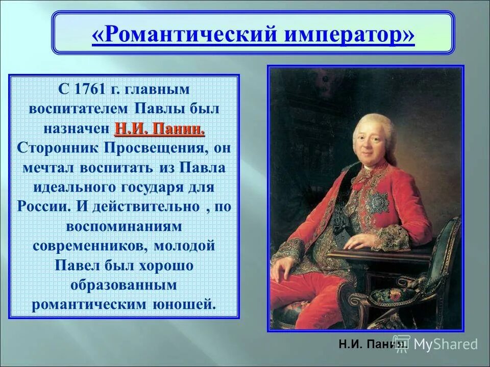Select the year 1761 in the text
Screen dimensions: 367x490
click(90, 89)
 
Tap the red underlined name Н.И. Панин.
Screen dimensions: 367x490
click(160, 129)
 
